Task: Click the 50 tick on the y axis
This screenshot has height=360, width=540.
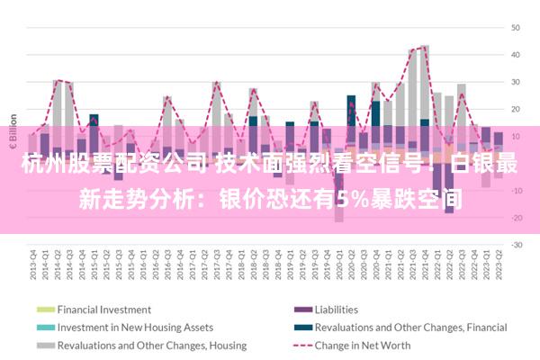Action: tap(517, 28)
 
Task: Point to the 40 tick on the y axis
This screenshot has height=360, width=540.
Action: tap(517, 55)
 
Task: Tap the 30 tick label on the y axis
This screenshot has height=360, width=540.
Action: tap(517, 82)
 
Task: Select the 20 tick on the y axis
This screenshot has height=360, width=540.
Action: tap(517, 109)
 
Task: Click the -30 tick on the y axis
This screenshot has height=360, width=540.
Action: tap(517, 244)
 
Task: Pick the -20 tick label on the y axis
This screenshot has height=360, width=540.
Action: tap(517, 217)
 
